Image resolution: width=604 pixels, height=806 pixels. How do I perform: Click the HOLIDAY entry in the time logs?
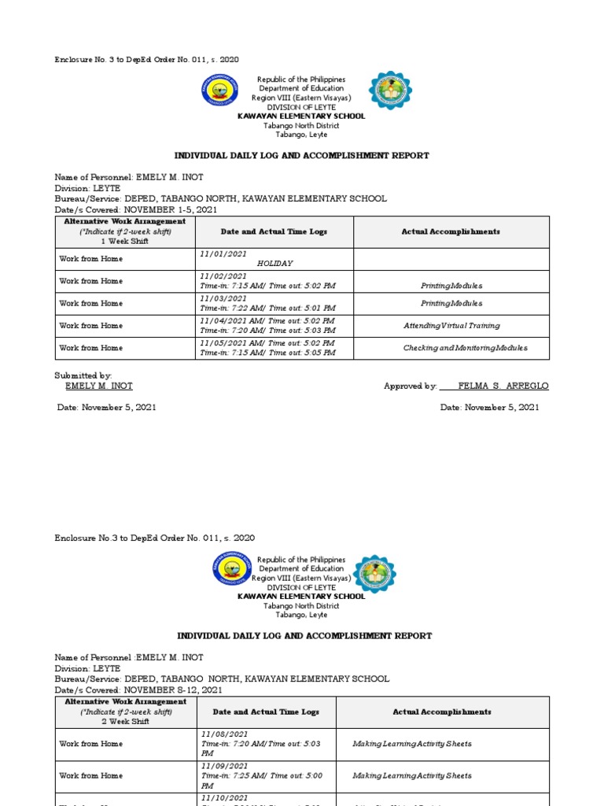pyautogui.click(x=274, y=263)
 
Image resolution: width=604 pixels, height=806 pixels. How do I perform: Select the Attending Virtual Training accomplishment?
pyautogui.click(x=451, y=325)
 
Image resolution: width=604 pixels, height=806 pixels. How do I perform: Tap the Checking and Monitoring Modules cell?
pyautogui.click(x=465, y=348)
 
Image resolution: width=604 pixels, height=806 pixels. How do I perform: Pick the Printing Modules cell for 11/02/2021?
pyautogui.click(x=451, y=286)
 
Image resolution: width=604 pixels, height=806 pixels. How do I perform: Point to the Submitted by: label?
pyautogui.click(x=83, y=376)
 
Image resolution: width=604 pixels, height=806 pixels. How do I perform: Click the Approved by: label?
pyautogui.click(x=410, y=386)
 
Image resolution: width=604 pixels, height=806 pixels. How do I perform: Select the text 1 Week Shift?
pyautogui.click(x=124, y=242)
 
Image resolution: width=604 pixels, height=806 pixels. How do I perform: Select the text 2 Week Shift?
pyautogui.click(x=125, y=721)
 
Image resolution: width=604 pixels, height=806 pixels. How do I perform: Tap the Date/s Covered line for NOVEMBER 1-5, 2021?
pyautogui.click(x=135, y=210)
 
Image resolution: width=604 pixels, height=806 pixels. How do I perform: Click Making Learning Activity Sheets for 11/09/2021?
pyautogui.click(x=412, y=775)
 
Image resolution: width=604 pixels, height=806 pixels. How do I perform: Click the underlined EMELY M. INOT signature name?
pyautogui.click(x=98, y=386)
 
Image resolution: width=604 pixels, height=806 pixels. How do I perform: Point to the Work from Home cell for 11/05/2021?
pyautogui.click(x=91, y=348)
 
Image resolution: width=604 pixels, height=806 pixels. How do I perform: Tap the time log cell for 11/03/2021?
pyautogui.click(x=267, y=303)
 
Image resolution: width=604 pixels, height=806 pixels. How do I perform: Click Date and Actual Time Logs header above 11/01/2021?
pyautogui.click(x=274, y=231)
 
